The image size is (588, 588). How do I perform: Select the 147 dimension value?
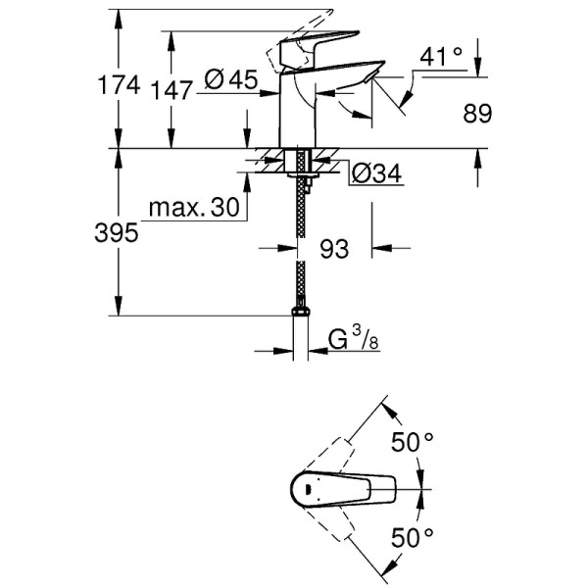(x=173, y=91)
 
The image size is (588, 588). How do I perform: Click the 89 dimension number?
(x=476, y=115)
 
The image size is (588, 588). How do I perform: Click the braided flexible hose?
(x=299, y=245)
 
